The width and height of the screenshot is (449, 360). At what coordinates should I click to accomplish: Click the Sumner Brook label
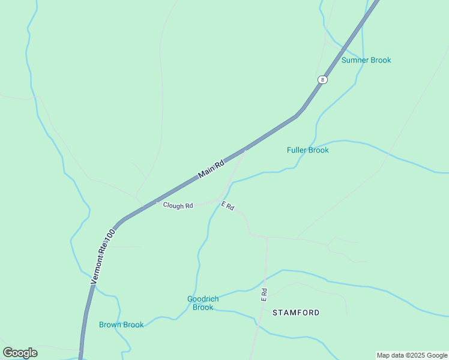366,60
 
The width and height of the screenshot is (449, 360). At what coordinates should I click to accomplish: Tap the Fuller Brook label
308,150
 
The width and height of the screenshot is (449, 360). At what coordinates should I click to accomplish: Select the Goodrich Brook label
203,303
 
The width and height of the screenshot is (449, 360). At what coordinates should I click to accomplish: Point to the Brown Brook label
121,325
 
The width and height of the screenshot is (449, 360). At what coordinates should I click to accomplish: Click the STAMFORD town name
296,313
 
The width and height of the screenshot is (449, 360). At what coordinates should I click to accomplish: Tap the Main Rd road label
211,168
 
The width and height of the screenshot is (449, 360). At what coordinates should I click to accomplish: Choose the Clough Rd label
178,205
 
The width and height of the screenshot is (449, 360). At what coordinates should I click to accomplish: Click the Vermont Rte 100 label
103,256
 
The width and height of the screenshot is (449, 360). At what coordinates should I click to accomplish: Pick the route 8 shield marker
323,80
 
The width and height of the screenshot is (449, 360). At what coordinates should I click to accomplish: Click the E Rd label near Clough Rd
228,206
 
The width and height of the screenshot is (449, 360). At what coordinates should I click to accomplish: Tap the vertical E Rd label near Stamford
264,293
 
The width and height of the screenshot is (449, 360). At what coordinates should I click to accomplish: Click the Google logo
20,353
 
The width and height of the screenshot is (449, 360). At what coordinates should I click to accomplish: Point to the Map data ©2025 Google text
412,355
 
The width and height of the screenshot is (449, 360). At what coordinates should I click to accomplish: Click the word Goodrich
203,299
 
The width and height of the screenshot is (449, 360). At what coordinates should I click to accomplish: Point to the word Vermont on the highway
98,267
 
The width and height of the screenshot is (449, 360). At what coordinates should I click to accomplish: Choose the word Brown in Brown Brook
110,325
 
